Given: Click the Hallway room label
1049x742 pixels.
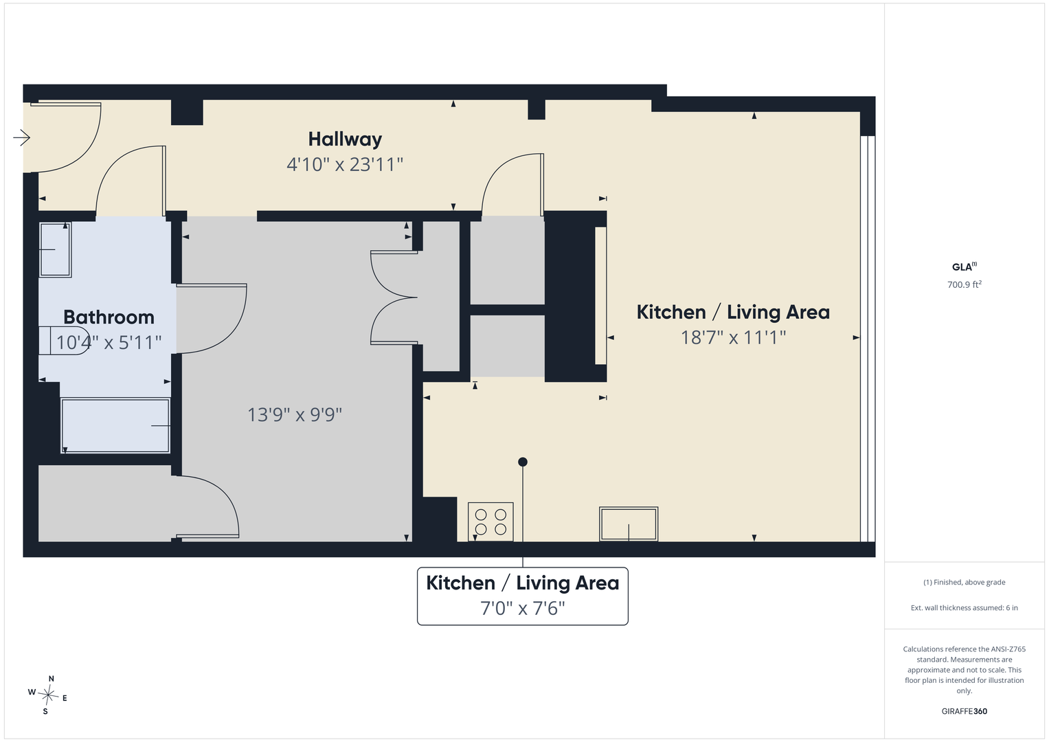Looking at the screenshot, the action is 345,139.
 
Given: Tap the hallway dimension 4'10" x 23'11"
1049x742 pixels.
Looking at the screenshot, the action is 345,164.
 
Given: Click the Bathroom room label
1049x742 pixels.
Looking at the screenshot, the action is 109,317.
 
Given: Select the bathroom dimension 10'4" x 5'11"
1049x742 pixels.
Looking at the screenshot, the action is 109,342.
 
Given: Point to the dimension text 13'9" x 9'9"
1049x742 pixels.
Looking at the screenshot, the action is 295,414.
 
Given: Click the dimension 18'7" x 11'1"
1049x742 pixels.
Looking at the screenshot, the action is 733,337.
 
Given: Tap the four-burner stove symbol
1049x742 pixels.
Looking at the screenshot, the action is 490,522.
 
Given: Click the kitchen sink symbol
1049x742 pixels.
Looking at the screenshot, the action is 629,524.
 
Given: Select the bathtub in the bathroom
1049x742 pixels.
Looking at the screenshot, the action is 115,425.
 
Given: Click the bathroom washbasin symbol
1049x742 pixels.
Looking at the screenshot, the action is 55,249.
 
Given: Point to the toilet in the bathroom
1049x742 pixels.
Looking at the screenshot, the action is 64,341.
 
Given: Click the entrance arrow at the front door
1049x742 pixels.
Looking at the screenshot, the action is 21,137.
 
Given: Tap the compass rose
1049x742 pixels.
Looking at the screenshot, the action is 48,695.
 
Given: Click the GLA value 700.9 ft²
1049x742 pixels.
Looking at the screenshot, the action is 965,284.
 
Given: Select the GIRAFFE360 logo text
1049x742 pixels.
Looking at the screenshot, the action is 965,711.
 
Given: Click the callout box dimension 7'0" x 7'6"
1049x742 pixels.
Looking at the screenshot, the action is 523,608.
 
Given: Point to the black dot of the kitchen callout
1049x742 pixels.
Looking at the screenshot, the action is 523,462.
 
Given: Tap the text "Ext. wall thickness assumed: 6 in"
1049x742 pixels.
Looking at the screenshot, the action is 965,607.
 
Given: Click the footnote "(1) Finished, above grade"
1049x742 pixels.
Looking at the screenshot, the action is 965,583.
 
